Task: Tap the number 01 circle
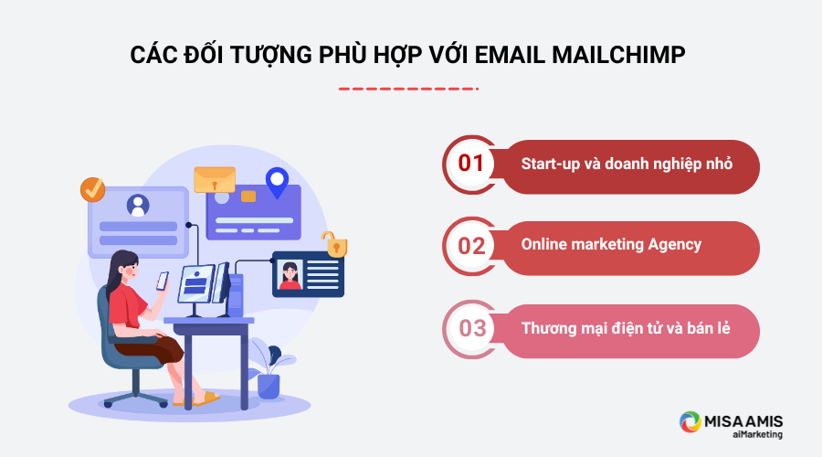(470, 165)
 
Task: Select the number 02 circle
(470, 246)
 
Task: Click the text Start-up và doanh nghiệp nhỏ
(627, 165)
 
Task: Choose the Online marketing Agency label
(611, 245)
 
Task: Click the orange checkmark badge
(92, 189)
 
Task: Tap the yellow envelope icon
(215, 179)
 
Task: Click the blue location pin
(275, 182)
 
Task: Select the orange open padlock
(333, 244)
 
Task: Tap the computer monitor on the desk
(195, 285)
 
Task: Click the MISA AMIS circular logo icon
(690, 422)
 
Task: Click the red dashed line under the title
(408, 89)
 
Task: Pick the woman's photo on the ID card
(290, 275)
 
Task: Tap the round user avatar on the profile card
(138, 205)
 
